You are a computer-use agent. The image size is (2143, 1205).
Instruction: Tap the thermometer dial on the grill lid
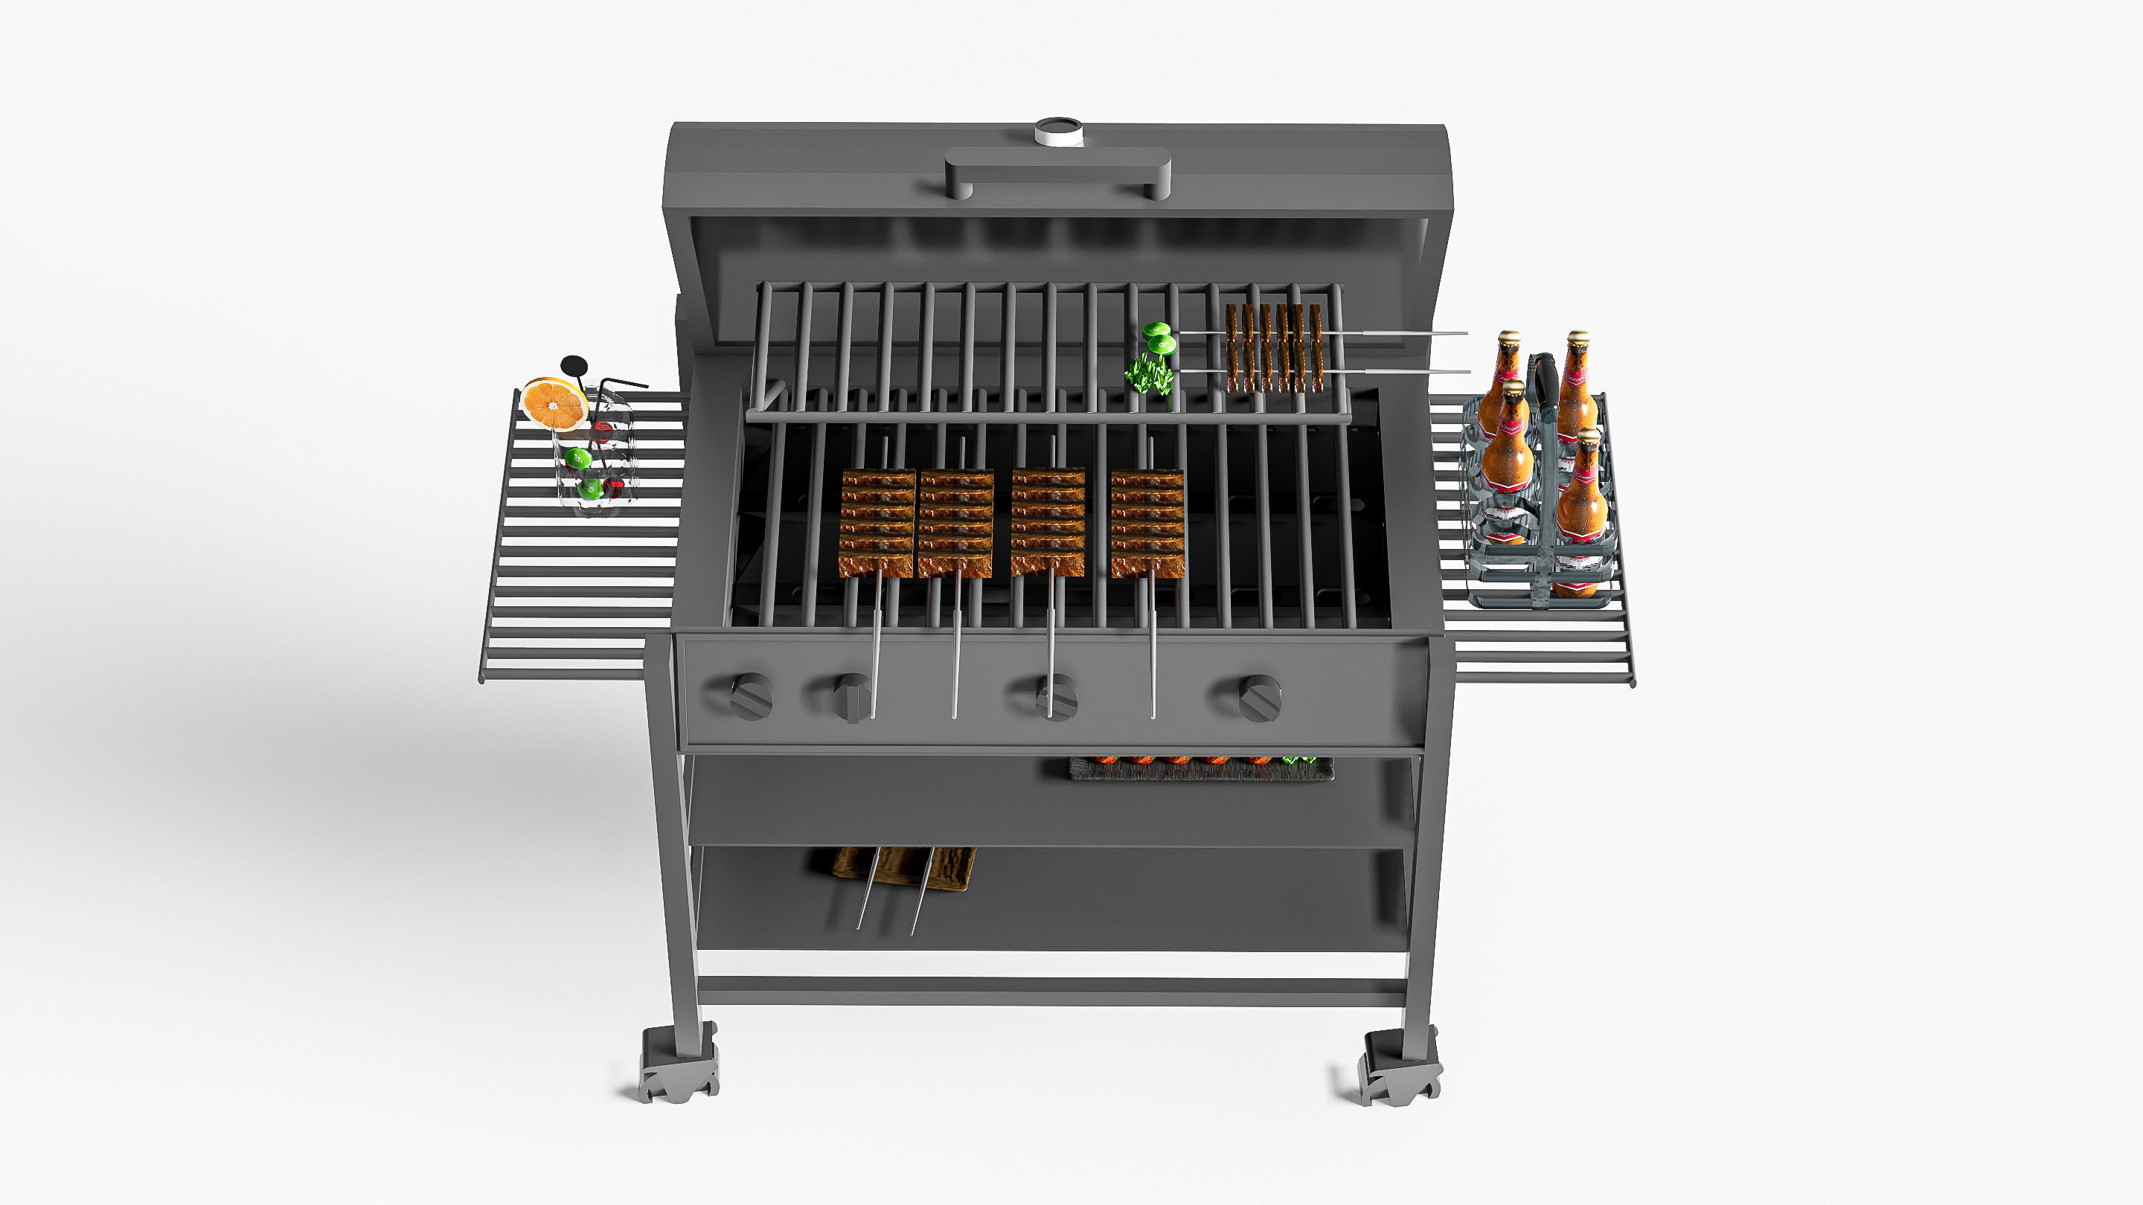tap(1058, 131)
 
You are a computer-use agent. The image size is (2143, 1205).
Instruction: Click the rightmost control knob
tap(1260, 698)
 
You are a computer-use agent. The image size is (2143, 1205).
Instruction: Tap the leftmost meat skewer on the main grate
tap(878, 522)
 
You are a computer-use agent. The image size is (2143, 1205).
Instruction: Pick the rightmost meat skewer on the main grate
tap(1147, 522)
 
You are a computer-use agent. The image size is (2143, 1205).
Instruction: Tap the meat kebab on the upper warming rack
tap(1274, 347)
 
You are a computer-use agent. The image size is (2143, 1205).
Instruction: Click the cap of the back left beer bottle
tap(1508, 339)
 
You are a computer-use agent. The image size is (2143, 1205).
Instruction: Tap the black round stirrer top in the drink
tap(573, 364)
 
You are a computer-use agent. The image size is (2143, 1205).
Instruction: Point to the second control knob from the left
tap(851, 697)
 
